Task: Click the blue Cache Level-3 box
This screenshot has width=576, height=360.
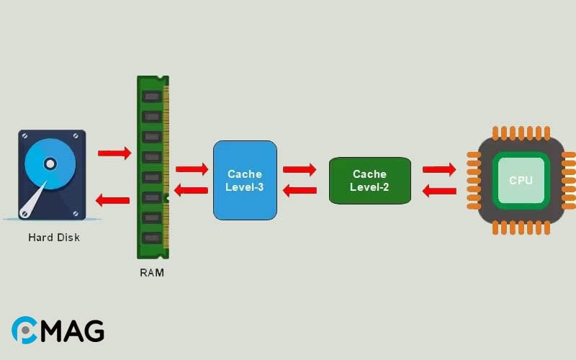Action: pos(245,180)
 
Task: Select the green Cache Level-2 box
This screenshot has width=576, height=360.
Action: pos(369,180)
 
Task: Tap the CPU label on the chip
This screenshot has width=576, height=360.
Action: pos(521,180)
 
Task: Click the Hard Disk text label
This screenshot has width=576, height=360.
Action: pos(54,237)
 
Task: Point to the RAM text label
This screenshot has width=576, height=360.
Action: pos(152,273)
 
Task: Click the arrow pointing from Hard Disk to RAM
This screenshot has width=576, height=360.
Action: pos(114,153)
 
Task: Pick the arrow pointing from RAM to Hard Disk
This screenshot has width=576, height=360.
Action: pos(113,199)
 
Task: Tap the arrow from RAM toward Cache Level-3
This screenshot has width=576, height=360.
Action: pos(192,169)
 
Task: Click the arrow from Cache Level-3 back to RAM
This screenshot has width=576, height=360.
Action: pos(191,190)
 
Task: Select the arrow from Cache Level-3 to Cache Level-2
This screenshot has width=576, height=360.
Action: pos(300,170)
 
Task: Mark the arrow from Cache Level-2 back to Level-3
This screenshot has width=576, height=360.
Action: pos(300,191)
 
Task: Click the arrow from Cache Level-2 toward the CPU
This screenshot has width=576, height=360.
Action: pos(439,170)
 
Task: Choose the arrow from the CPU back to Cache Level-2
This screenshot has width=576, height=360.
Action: pos(438,191)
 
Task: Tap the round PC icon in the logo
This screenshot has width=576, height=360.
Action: pos(24,330)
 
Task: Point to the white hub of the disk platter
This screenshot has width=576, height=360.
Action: pos(49,163)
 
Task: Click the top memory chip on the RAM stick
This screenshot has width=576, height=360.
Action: pos(150,96)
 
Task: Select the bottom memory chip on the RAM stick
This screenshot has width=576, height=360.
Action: pos(150,237)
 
